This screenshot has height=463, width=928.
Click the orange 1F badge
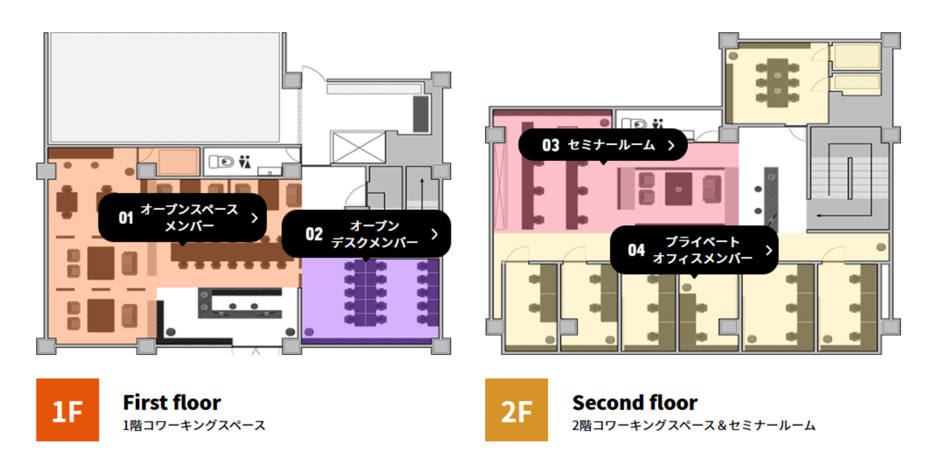pyautogui.click(x=68, y=410)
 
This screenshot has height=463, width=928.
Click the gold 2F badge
pyautogui.click(x=516, y=410)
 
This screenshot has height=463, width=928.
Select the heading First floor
pyautogui.click(x=172, y=402)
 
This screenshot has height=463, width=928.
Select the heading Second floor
pyautogui.click(x=635, y=402)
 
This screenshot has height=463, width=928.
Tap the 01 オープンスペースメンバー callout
pyautogui.click(x=182, y=218)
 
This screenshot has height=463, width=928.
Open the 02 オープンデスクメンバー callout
pyautogui.click(x=366, y=234)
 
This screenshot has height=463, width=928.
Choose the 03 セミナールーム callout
pyautogui.click(x=603, y=145)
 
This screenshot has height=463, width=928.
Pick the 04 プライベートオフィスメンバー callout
pyautogui.click(x=694, y=250)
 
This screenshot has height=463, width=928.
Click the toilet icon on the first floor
pyautogui.click(x=221, y=162)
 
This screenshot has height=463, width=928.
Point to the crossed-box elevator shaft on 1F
pyautogui.click(x=358, y=147)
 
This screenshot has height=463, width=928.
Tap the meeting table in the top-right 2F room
pyautogui.click(x=777, y=83)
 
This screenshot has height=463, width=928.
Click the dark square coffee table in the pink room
pyautogui.click(x=678, y=189)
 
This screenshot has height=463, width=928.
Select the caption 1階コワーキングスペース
pyautogui.click(x=194, y=425)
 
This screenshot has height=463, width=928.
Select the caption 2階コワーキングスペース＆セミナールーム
pyautogui.click(x=694, y=425)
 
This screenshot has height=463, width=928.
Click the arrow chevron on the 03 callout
pyautogui.click(x=671, y=145)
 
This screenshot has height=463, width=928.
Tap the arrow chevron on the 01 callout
pyautogui.click(x=254, y=218)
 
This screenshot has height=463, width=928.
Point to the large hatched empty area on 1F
pyautogui.click(x=165, y=87)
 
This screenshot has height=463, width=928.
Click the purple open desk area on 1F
pyautogui.click(x=370, y=300)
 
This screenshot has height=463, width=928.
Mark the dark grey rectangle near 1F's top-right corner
pyautogui.click(x=421, y=114)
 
